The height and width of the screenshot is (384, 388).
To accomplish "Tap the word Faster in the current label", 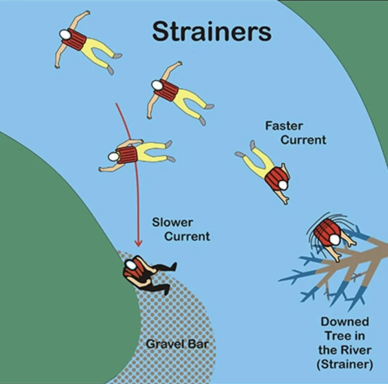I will (284, 126).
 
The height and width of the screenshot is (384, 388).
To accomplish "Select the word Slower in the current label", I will (172, 222).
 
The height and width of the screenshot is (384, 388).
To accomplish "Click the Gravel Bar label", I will (177, 344).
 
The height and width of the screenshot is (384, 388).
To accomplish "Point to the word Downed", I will (345, 321).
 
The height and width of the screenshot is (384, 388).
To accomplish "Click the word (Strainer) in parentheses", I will (345, 364).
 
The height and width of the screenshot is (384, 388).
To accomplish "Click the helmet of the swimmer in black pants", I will (130, 264).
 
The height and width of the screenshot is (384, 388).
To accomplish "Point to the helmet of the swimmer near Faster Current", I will (283, 185).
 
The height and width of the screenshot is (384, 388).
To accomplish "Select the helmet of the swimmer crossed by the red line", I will (114, 157).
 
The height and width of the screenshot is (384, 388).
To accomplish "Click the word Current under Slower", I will (187, 236).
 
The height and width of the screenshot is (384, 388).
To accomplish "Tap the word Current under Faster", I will (303, 140).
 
